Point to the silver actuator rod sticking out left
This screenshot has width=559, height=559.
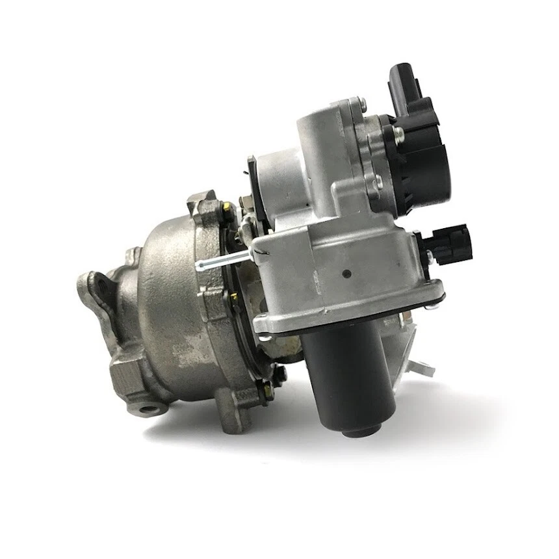pyautogui.click(x=221, y=261)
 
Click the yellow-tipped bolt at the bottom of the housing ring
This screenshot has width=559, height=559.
pyautogui.click(x=263, y=388)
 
